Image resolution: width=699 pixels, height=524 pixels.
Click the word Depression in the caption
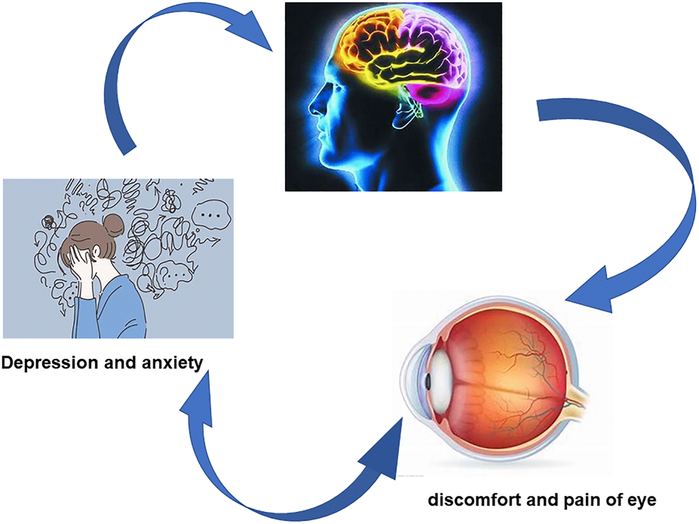click(x=51, y=363)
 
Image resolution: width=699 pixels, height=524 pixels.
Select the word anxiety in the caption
click(x=173, y=363)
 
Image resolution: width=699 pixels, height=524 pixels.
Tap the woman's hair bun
click(x=113, y=225)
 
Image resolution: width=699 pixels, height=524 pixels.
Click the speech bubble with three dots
click(x=211, y=216)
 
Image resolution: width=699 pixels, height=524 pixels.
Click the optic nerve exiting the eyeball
click(x=577, y=401)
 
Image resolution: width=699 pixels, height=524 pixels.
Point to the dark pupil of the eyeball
click(x=428, y=382)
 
